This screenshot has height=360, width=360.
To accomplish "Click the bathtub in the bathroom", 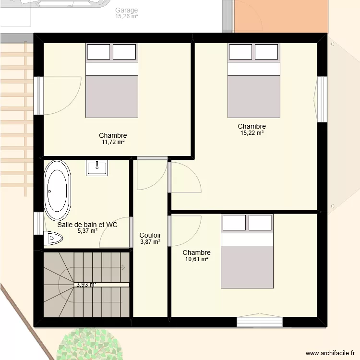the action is tap(58, 191).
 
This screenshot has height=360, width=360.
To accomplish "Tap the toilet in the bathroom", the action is tap(53, 238).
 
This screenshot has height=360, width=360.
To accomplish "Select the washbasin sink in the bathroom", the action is tap(97, 168).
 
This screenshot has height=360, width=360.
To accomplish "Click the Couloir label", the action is tap(150, 235).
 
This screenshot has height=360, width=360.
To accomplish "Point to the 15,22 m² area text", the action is tap(252, 132).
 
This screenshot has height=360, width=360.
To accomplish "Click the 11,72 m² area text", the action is tap(113, 142).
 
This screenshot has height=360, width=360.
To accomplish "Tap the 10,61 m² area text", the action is tap(196, 259).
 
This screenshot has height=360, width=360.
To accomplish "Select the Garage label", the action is tap(127, 10).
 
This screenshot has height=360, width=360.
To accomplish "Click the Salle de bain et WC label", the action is tap(87, 225).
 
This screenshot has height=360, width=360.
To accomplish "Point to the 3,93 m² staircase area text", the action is tap(86, 285).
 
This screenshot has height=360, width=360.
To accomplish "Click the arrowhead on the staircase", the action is tap(123, 267).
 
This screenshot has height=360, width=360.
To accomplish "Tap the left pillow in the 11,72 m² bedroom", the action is tap(98, 52).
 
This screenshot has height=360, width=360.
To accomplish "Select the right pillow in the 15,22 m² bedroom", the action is tap(266, 52).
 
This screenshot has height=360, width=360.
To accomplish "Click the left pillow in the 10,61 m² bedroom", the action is tap(234, 222).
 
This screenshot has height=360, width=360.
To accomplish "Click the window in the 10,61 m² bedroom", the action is tap(260, 322).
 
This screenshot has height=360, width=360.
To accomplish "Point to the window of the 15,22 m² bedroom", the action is tap(322, 99).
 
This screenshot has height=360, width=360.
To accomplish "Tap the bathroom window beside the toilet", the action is tap(38, 223).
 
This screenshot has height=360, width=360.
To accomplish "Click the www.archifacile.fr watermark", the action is tap(330, 353).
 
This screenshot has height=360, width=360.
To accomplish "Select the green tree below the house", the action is tap(90, 344).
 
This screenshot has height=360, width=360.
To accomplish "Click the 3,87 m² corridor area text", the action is tap(150, 242).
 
